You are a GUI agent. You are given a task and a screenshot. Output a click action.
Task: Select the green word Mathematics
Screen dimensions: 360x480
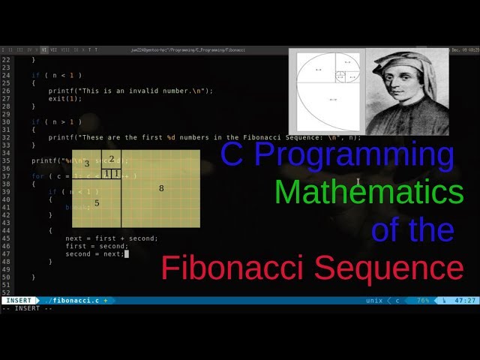pyautogui.click(x=368, y=192)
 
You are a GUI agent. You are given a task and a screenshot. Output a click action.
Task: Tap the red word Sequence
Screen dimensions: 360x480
pyautogui.click(x=395, y=267)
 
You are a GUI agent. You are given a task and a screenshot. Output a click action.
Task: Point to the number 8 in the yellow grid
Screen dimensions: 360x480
pyautogui.click(x=161, y=188)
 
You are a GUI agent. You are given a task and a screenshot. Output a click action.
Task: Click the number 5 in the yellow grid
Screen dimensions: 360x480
pyautogui.click(x=97, y=202)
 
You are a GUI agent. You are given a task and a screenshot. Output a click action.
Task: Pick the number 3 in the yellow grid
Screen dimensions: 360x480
pyautogui.click(x=87, y=163)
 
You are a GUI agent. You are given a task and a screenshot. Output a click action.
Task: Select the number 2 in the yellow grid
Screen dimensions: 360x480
pyautogui.click(x=112, y=159)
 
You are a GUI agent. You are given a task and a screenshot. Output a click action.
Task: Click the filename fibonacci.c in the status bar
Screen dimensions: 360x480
pyautogui.click(x=75, y=301)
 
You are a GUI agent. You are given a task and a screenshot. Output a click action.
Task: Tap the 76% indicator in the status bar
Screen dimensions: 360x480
pyautogui.click(x=423, y=301)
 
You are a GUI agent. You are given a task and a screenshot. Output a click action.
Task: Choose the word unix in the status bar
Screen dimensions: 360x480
pyautogui.click(x=374, y=301)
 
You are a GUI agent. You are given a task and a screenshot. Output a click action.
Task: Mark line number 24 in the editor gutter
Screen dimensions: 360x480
pyautogui.click(x=7, y=75)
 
